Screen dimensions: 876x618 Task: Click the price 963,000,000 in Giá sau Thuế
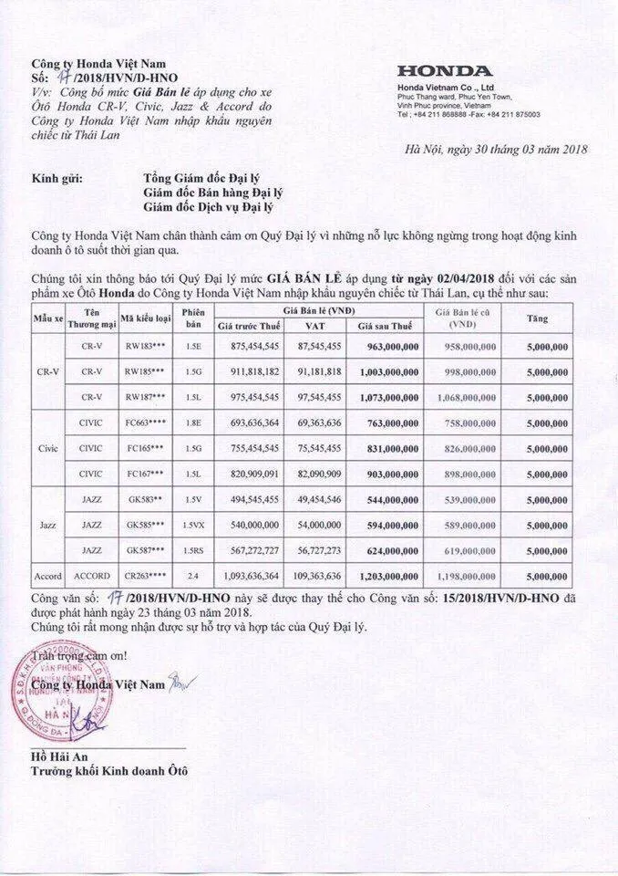tap(386, 347)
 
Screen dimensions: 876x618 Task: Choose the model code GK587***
tap(145, 551)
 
